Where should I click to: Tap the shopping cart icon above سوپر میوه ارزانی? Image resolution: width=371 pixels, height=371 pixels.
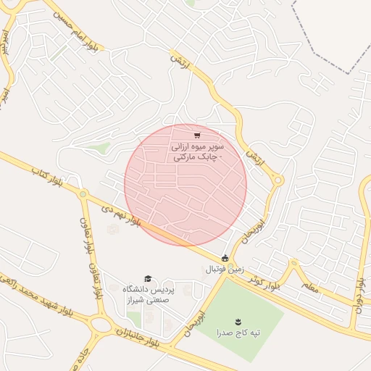click(197, 136)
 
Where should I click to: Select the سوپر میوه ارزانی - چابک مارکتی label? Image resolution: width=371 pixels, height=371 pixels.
click(198, 151)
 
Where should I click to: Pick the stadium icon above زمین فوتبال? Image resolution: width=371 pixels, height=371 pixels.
click(225, 258)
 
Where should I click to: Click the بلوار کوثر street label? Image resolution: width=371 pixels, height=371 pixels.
click(263, 281)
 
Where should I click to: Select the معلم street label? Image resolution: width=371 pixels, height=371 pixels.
click(310, 288)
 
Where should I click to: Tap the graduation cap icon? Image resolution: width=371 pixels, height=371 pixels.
click(148, 279)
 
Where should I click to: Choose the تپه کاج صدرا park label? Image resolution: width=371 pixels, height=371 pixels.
click(238, 333)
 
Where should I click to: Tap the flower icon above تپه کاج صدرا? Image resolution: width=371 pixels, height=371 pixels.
click(238, 321)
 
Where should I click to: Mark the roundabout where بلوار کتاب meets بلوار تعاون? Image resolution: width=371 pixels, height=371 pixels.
click(84, 195)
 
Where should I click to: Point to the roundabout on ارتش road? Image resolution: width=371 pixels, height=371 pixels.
click(278, 180)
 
